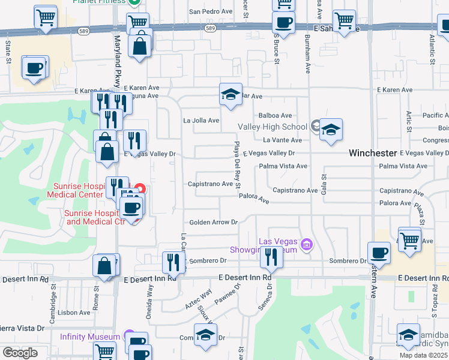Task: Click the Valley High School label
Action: (273, 127)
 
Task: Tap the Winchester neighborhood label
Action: (373, 154)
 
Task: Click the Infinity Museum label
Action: (90, 337)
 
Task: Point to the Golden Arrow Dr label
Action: (214, 222)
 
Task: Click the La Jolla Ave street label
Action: (201, 121)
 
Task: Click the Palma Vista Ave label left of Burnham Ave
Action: (283, 166)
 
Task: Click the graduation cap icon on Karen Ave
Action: (231, 94)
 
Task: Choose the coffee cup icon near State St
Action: (35, 67)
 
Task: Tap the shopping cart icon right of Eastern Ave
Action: (409, 241)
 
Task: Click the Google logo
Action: (20, 353)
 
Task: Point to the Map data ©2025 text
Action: (423, 355)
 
